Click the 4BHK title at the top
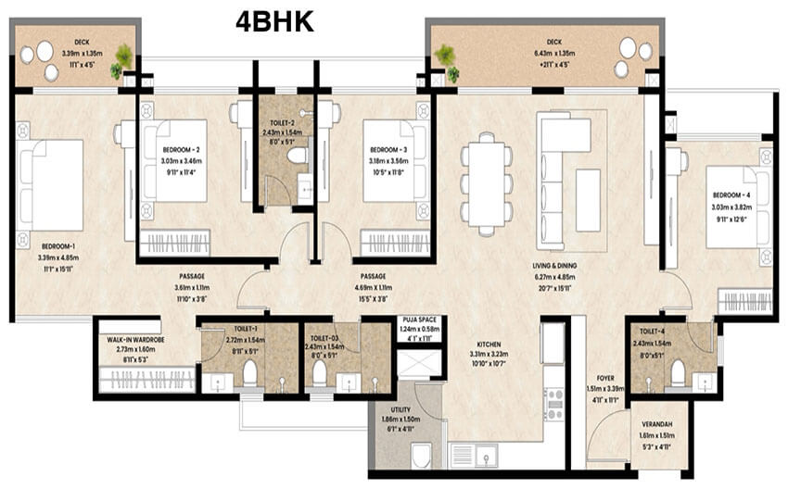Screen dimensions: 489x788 274,20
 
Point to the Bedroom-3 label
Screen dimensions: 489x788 389,150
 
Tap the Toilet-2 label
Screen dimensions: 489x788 284,122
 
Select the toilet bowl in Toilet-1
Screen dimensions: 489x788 248,372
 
